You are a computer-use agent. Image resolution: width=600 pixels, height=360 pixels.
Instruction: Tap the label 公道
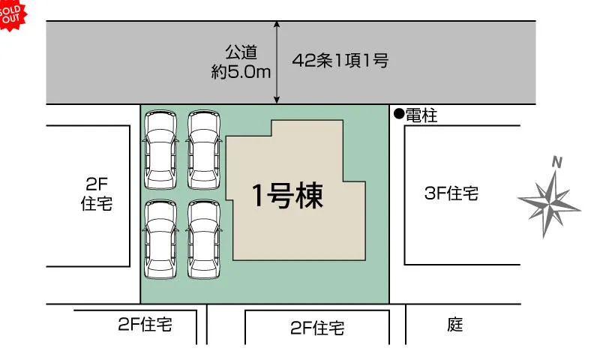[x=241, y=52]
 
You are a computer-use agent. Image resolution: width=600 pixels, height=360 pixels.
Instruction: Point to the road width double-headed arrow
[x=277, y=63]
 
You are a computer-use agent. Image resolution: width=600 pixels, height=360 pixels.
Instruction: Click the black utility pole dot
[x=398, y=115]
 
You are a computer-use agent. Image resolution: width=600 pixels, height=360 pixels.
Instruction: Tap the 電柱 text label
[x=421, y=115]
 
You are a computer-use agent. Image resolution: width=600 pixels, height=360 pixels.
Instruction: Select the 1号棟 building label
[x=287, y=196]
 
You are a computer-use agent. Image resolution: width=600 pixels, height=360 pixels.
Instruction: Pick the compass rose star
[x=551, y=199]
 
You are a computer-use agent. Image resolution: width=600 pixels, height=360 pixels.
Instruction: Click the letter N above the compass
[x=556, y=161]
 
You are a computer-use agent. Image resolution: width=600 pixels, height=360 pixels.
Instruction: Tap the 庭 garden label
[x=455, y=325]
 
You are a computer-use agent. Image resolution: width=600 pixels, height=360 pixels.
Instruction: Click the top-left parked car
[x=160, y=151]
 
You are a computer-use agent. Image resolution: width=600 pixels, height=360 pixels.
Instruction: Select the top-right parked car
[x=204, y=151]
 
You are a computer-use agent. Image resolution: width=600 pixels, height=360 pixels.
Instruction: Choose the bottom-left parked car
[x=160, y=238]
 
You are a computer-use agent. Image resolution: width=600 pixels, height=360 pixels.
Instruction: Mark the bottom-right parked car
[x=204, y=238]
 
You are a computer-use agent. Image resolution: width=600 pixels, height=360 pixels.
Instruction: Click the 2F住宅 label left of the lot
[x=96, y=193]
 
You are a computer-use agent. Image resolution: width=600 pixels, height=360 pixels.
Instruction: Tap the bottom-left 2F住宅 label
[x=145, y=325]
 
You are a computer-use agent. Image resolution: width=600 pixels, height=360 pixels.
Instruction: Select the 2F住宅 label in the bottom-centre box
[x=317, y=328]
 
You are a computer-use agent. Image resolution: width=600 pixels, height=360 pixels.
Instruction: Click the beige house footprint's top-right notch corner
[x=344, y=120]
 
